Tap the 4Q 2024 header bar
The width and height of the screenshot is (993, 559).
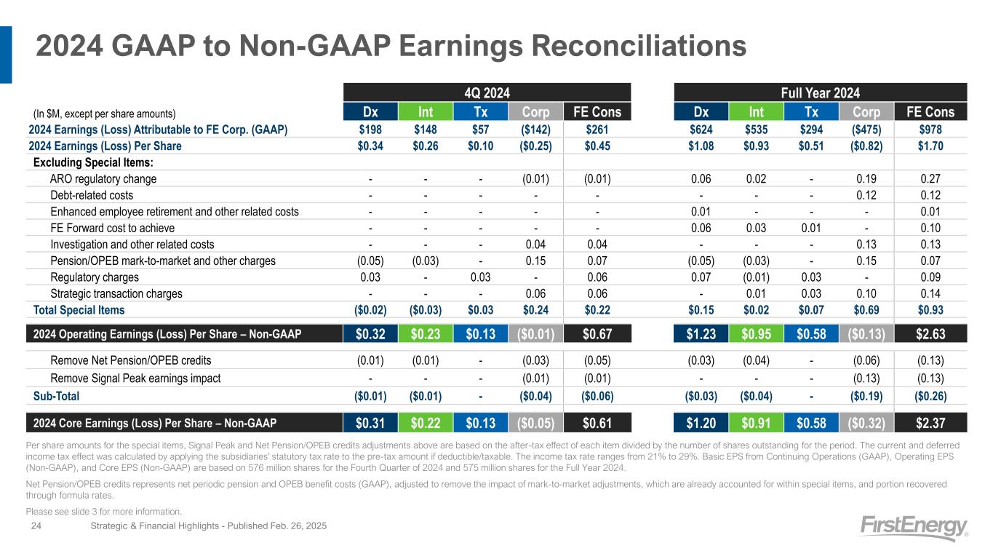(487, 92)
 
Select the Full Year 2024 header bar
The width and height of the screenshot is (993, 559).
(820, 92)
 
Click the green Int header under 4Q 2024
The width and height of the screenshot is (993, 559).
(426, 112)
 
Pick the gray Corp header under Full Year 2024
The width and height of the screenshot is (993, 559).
(866, 112)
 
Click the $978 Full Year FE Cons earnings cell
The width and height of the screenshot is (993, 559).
(930, 130)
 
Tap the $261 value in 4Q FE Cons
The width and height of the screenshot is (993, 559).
(597, 130)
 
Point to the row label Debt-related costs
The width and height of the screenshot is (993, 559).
(92, 195)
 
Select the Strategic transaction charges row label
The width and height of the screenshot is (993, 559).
(116, 294)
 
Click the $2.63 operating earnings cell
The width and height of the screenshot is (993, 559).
(930, 333)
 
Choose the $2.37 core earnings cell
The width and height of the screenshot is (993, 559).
(930, 423)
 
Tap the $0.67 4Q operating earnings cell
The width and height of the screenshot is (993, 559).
(597, 333)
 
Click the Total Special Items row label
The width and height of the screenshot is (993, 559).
(79, 309)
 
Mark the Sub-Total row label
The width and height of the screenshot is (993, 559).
(56, 396)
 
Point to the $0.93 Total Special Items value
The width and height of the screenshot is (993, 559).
(930, 309)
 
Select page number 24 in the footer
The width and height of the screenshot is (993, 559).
(36, 526)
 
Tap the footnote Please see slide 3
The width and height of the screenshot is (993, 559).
(104, 512)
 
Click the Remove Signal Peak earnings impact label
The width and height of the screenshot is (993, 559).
(135, 378)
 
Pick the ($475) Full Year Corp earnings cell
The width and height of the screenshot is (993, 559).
(866, 130)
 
